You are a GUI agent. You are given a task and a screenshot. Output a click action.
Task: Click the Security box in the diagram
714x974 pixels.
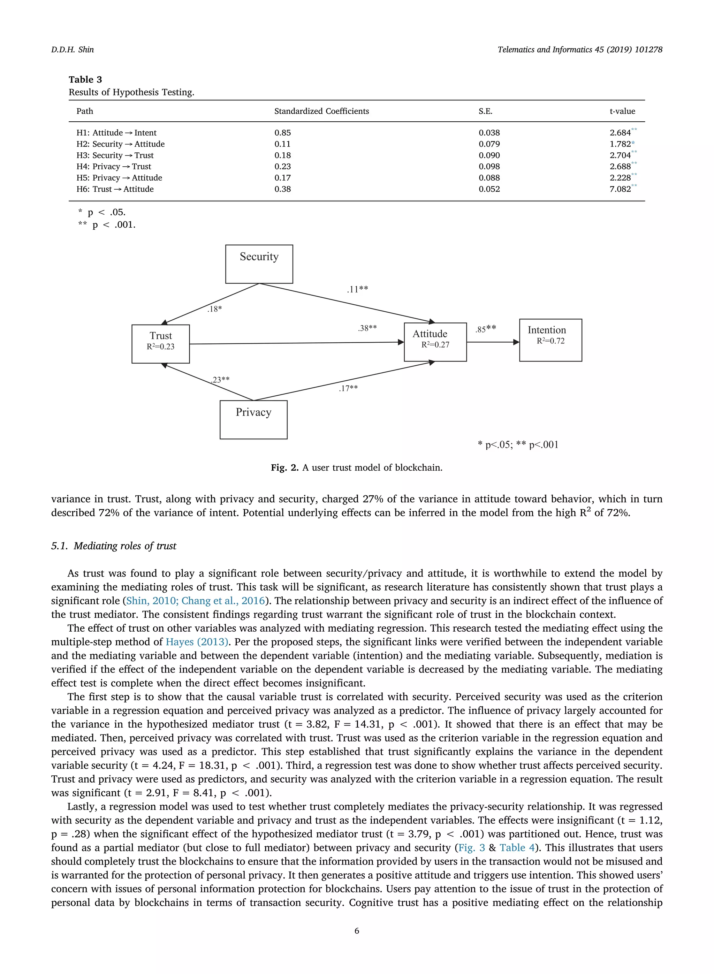(259, 264)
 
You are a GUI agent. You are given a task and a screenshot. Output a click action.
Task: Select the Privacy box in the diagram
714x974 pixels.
(253, 420)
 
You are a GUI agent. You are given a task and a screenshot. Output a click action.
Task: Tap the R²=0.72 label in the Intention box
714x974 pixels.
(550, 341)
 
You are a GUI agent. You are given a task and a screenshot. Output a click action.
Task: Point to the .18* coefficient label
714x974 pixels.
(214, 309)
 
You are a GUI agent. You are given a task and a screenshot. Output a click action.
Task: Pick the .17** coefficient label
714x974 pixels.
(348, 388)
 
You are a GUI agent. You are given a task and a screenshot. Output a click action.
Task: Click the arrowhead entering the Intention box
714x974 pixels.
(516, 342)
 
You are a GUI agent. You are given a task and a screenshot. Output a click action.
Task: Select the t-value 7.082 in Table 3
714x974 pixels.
(620, 189)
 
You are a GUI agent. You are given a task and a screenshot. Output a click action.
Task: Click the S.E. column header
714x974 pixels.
(485, 111)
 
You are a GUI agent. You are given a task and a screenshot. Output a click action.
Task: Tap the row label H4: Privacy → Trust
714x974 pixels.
(114, 166)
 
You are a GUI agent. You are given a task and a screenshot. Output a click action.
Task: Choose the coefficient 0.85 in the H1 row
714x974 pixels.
(282, 133)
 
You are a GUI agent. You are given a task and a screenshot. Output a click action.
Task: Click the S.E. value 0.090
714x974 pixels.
(489, 155)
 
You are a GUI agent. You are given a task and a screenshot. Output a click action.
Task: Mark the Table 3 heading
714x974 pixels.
(85, 79)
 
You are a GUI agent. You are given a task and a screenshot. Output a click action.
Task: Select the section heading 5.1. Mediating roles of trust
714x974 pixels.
(114, 546)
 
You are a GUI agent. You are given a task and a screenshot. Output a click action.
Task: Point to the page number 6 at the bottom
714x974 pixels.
(357, 931)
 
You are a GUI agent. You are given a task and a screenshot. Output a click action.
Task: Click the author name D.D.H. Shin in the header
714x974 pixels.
(72, 50)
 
